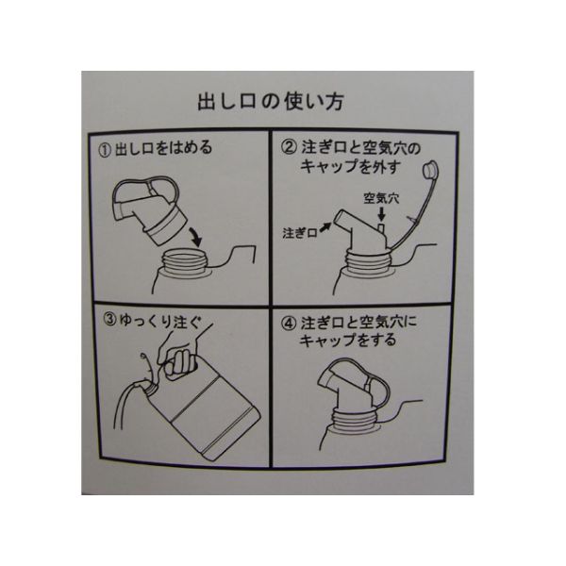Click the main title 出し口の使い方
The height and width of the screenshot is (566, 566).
pyautogui.click(x=271, y=102)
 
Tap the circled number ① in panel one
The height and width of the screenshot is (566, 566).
pyautogui.click(x=105, y=150)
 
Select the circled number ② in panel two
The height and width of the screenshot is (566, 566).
pyautogui.click(x=290, y=147)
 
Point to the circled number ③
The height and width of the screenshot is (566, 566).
pyautogui.click(x=110, y=319)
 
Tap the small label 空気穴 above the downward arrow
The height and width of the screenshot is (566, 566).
pyautogui.click(x=381, y=198)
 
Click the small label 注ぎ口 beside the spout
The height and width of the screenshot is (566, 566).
pyautogui.click(x=300, y=233)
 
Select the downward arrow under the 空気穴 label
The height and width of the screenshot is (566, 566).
pyautogui.click(x=381, y=214)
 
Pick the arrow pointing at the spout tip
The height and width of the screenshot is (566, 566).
pyautogui.click(x=325, y=227)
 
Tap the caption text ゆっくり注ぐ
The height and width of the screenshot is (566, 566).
pyautogui.click(x=160, y=321)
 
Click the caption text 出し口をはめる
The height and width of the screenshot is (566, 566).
pyautogui.click(x=163, y=149)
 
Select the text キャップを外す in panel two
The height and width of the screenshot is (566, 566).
pyautogui.click(x=351, y=167)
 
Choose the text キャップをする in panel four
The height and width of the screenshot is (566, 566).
pyautogui.click(x=348, y=341)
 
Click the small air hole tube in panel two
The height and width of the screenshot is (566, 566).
pyautogui.click(x=381, y=228)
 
